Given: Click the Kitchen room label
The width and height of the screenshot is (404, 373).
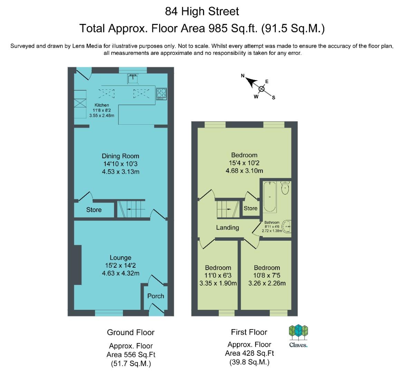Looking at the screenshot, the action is pos(102,105).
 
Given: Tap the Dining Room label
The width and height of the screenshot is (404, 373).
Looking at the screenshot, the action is pos(120,156).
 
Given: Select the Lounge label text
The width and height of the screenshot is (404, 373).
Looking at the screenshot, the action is pos(120,258).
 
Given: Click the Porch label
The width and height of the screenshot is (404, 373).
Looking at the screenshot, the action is pos(156,296).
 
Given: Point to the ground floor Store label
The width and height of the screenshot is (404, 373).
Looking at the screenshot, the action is pos(94,210).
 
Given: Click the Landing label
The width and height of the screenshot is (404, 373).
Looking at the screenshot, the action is pos(228,228).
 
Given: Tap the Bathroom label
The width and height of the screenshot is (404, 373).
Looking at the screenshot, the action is pos(272,222).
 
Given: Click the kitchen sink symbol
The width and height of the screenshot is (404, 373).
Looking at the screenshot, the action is pos(133,79).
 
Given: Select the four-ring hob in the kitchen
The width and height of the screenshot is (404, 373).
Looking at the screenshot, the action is pos(162,94).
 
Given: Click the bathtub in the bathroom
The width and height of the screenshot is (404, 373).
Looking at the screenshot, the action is pos(270,197).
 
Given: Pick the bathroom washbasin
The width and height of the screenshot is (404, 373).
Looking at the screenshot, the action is pos(287,227).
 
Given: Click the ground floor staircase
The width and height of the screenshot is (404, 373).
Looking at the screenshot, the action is pos(131,209).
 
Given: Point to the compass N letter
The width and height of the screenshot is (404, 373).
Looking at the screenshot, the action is pos(242,76).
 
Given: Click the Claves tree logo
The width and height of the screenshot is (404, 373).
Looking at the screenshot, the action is pos(298,333).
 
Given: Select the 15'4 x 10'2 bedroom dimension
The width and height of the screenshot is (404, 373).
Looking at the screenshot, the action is pos(244,163).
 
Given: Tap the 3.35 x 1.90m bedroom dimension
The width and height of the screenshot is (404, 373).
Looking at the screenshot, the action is pos(218,283).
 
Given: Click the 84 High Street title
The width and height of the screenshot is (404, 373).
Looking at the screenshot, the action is pos(202,11).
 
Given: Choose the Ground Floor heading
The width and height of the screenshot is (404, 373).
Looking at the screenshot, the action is pos(131,332).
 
